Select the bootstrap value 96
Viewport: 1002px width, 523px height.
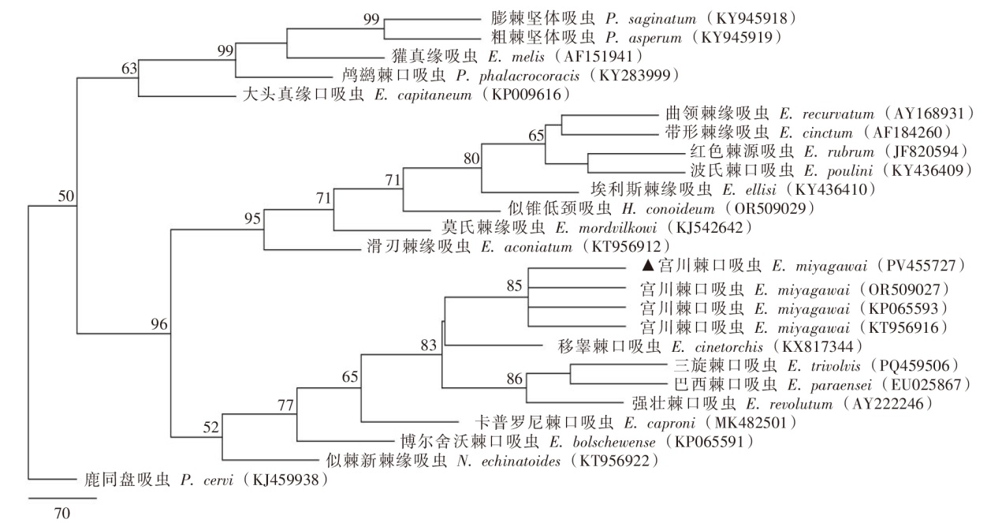click(160, 323)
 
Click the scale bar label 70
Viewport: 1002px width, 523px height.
click(62, 514)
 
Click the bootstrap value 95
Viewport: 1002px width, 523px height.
click(251, 219)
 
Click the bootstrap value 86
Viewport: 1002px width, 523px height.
click(515, 378)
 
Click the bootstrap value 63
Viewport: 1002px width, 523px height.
click(129, 69)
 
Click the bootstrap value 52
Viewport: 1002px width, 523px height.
click(210, 428)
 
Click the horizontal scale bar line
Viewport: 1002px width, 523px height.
click(62, 499)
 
